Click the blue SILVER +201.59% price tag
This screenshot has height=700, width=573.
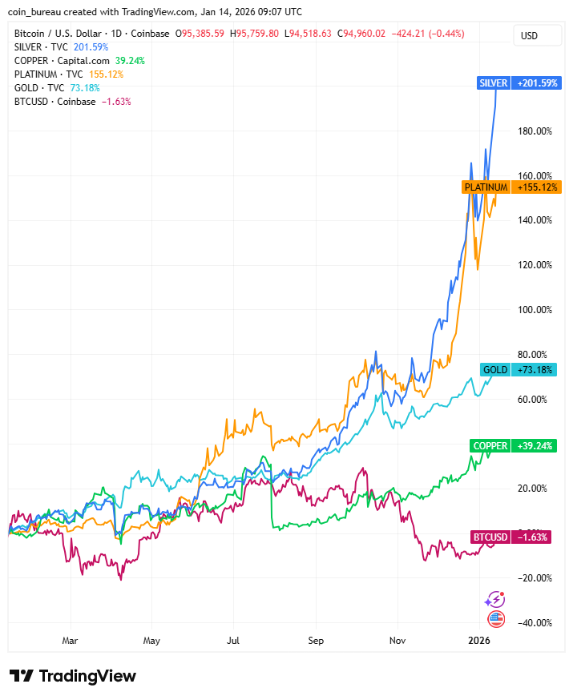point(518,83)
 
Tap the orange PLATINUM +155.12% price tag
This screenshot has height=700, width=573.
point(511,187)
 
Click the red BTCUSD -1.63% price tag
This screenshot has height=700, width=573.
point(511,537)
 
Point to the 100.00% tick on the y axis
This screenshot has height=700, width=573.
point(533,310)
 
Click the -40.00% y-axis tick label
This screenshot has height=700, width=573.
point(532,623)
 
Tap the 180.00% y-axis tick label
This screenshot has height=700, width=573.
point(533,131)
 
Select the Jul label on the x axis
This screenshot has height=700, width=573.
point(233,641)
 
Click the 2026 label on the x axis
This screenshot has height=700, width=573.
point(478,641)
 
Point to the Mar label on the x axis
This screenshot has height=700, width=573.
point(70,641)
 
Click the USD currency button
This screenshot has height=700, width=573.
point(529,35)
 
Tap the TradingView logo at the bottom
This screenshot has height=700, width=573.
point(73,676)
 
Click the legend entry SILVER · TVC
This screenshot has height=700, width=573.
point(40,47)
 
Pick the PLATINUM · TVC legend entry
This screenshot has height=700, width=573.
point(49,74)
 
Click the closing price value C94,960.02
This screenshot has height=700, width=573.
point(361,34)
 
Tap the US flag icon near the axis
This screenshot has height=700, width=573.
point(496,618)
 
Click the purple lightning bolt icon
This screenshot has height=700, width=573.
point(495,599)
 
